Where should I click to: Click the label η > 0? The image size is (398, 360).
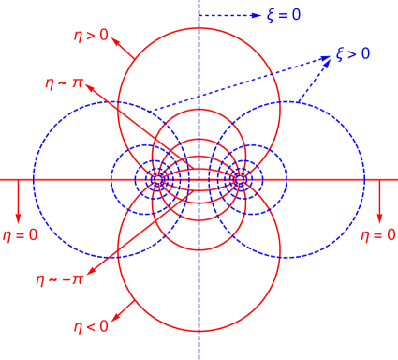92,37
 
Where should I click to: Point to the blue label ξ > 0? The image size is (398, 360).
353,54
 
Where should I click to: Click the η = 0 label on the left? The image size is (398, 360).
20,234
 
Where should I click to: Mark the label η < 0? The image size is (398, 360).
92,325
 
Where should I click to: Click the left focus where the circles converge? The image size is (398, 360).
157,178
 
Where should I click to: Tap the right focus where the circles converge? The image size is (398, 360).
240,178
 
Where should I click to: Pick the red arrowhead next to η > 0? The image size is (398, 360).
117,40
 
